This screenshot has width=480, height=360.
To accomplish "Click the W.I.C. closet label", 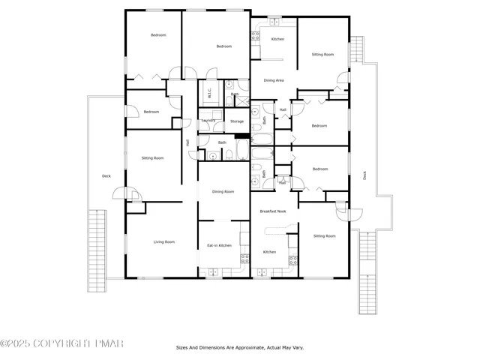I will click(209, 94).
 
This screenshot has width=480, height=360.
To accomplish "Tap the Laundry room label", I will click(209, 121).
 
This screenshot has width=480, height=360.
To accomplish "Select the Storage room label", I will click(237, 121).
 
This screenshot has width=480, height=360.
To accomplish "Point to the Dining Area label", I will click(273, 80).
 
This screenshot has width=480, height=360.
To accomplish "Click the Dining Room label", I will click(223, 191).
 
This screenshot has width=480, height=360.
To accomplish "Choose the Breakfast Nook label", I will click(273, 211).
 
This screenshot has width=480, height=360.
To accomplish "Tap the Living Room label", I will click(164, 241).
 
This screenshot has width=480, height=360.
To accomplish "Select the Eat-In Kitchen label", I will click(219, 245).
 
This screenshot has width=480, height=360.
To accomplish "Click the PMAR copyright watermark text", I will click(61, 343).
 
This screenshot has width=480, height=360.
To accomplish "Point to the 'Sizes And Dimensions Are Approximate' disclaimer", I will click(240, 347).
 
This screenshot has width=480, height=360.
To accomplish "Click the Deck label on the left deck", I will click(106, 176).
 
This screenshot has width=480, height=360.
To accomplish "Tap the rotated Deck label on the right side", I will click(365, 175).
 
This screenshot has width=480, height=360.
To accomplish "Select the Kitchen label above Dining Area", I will click(277, 39).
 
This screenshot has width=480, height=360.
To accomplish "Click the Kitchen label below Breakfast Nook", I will click(269, 252).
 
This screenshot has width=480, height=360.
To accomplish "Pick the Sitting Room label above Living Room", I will click(153, 157).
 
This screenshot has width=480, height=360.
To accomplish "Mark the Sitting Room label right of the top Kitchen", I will click(323, 55).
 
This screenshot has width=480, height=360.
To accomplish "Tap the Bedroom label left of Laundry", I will click(151, 112).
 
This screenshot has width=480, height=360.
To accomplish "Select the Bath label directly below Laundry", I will click(222, 142).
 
